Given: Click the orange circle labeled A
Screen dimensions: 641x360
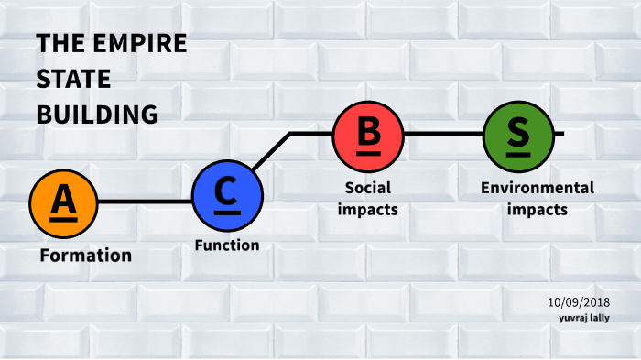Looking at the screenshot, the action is [x=63, y=201].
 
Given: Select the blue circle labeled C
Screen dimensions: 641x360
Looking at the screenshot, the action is [x=227, y=194].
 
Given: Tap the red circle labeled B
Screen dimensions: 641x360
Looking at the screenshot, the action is [x=368, y=134].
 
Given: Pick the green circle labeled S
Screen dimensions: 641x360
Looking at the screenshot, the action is [x=517, y=134].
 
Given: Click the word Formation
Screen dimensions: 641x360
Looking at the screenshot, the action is [x=86, y=255].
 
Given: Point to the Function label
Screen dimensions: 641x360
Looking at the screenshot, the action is [x=227, y=245].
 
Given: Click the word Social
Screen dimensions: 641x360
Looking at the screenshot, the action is [x=367, y=188].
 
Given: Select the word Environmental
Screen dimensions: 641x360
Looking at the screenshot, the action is [x=538, y=188].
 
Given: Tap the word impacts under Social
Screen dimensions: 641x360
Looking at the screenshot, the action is [x=367, y=208].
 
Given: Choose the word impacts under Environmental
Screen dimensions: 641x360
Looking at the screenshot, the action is [x=538, y=208].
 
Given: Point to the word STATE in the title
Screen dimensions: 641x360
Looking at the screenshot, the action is [x=73, y=79].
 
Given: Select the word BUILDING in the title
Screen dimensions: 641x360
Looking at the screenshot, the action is [x=97, y=114].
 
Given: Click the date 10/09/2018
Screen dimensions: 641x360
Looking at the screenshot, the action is [x=579, y=302].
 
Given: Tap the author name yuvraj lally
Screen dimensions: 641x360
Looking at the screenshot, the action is [x=584, y=318].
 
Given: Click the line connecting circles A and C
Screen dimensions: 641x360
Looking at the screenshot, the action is [x=145, y=201].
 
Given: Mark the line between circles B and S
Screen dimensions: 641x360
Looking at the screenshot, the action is [x=443, y=134].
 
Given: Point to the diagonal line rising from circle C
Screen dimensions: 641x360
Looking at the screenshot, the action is [x=273, y=151].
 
